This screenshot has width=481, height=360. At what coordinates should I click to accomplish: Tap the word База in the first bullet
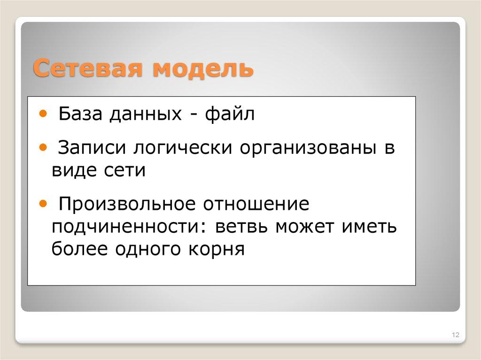point(81,114)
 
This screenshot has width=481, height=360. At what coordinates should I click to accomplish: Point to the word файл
point(229,114)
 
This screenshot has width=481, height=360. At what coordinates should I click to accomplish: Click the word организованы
point(306,149)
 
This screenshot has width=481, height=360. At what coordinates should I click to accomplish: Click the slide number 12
point(455,335)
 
